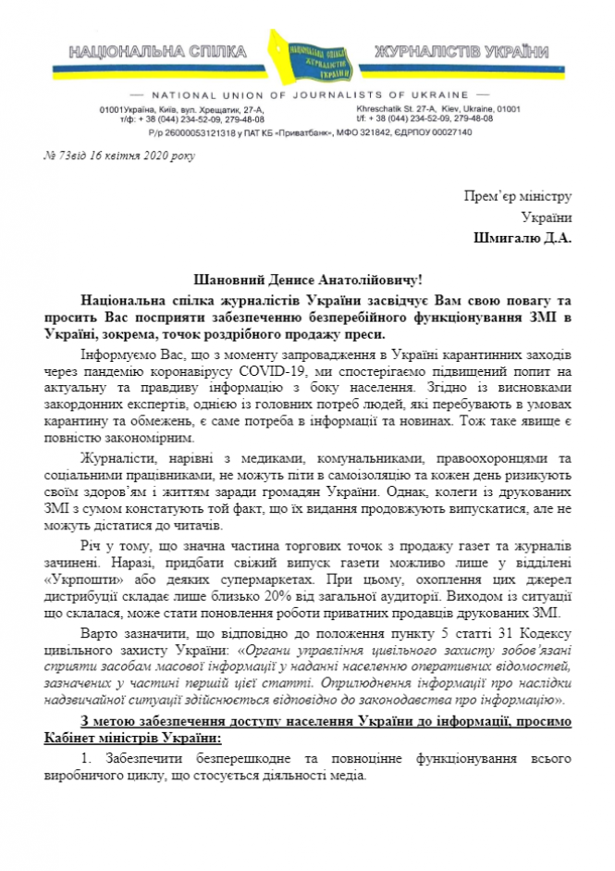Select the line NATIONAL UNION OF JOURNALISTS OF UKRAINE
(x=306, y=95)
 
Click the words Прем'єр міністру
(x=518, y=196)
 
